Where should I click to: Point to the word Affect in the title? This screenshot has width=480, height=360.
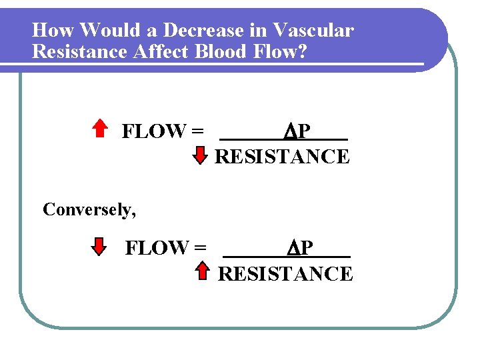coord(159,51)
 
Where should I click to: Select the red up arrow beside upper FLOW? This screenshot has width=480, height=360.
coord(99,128)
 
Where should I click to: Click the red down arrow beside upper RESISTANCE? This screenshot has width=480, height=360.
coord(201,156)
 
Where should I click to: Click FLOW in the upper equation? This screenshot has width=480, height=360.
coord(153,132)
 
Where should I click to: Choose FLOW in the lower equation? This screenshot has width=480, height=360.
coord(156,249)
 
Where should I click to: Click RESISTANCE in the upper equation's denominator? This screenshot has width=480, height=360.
coord(283,157)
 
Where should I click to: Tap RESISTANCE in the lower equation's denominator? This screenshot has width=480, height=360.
coord(285,274)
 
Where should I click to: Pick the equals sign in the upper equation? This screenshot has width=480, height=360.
coord(197,132)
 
